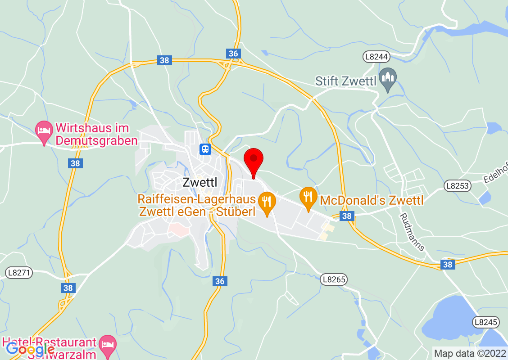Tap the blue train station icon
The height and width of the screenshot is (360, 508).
point(205,148)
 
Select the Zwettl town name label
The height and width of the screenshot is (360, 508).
point(200,182)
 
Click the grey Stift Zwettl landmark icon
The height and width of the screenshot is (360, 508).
point(387,80)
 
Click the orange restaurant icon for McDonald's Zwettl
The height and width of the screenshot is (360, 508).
point(308,198)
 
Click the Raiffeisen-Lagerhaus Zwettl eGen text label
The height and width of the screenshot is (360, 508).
point(197,205)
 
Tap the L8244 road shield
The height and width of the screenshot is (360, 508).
point(376,57)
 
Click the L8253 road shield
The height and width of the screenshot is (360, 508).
point(457,185)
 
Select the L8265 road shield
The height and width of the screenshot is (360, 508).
point(334,279)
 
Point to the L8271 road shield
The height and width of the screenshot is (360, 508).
point(18,272)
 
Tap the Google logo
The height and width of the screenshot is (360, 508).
point(31,349)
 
